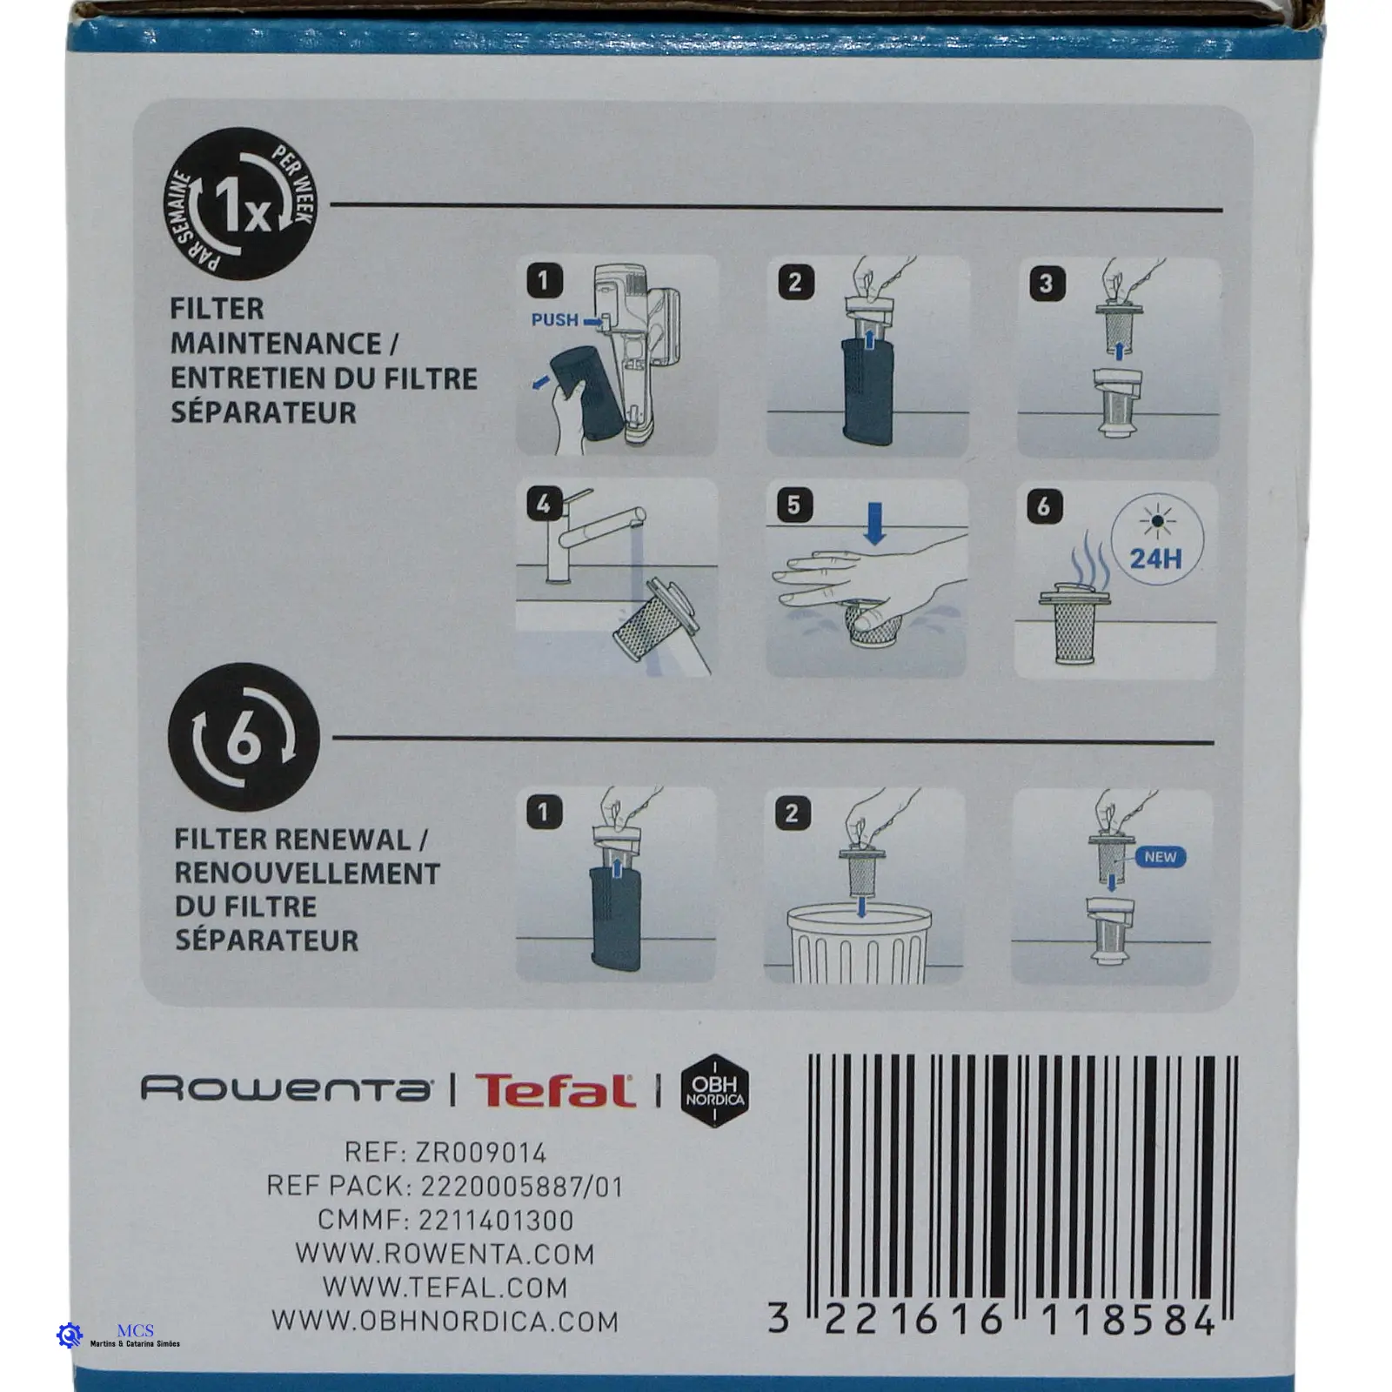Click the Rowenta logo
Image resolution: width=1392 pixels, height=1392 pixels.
pos(285,1089)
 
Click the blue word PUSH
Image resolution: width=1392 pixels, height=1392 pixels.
pos(555,319)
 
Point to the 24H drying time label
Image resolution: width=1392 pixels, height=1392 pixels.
pos(1155,557)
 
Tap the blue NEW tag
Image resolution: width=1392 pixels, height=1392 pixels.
pos(1160,857)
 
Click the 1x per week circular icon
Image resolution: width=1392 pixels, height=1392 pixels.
pos(240,204)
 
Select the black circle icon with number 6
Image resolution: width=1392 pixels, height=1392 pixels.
pos(244,739)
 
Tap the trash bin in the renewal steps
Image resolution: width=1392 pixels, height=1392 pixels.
pos(860,943)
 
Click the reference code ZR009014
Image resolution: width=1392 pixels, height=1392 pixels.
pos(480,1154)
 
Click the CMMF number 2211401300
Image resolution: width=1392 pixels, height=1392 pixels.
pos(496,1221)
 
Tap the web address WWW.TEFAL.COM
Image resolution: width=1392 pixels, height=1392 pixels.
pos(445,1288)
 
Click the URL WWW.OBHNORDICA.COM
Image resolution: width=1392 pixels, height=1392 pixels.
pos(445,1322)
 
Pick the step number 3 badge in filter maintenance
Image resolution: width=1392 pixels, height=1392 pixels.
pos(1046,283)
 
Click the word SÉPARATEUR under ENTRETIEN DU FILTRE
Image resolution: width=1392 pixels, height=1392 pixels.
pos(264,412)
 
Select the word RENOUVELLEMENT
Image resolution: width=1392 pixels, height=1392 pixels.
pos(307,873)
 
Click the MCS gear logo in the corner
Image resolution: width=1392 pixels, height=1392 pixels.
pos(69,1335)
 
